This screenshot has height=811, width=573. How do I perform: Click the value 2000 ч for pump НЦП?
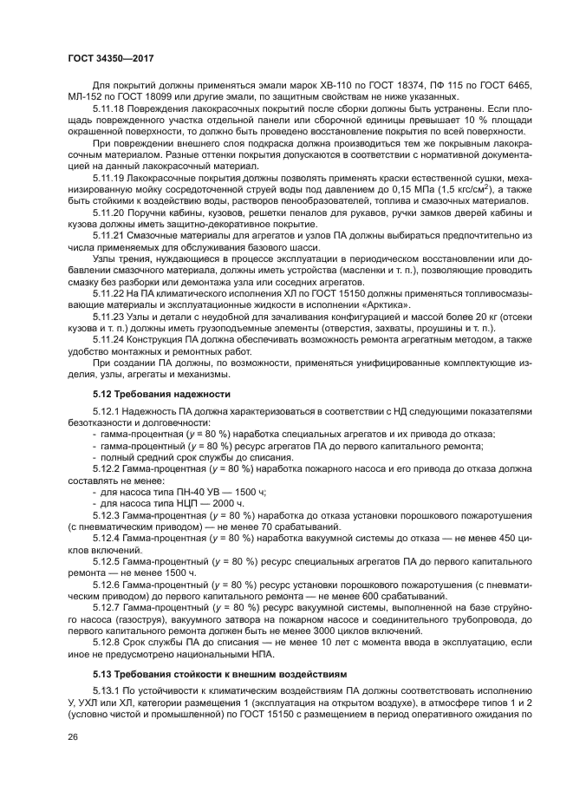[x=211, y=503]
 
